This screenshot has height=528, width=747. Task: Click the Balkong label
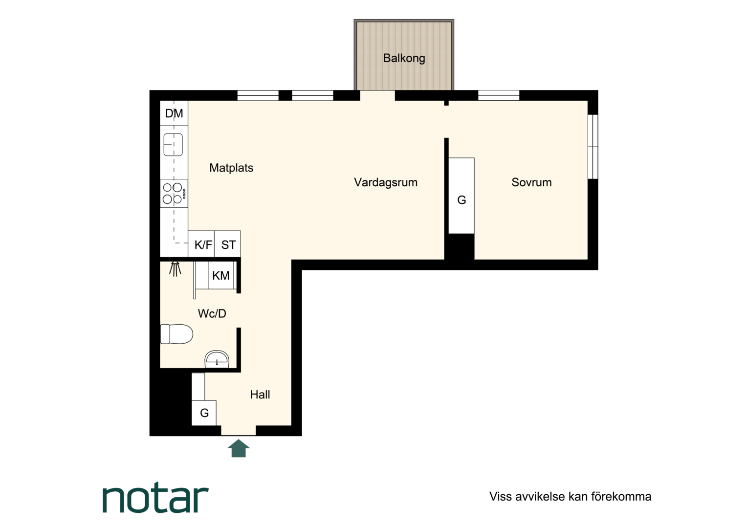click(404, 58)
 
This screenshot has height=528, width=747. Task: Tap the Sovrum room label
click(531, 182)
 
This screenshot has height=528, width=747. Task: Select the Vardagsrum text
click(386, 182)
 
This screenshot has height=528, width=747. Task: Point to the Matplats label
click(231, 168)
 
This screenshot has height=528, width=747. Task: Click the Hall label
click(260, 395)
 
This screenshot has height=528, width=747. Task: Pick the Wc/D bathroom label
click(212, 313)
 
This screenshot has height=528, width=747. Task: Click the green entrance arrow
click(239, 448)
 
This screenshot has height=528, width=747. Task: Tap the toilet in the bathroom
click(176, 334)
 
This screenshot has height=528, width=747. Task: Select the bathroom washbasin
click(217, 359)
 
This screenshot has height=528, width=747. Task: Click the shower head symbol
click(175, 269)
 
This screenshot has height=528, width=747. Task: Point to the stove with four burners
click(174, 194)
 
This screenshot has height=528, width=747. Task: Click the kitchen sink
click(173, 145)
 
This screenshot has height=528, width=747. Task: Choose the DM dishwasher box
click(174, 113)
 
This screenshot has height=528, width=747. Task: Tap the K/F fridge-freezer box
click(201, 244)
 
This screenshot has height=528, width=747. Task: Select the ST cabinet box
click(227, 244)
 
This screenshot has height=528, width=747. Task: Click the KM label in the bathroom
click(221, 276)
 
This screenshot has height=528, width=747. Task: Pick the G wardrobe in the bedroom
click(461, 196)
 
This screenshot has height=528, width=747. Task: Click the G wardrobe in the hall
click(204, 413)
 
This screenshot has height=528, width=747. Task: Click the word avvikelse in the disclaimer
click(540, 497)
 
